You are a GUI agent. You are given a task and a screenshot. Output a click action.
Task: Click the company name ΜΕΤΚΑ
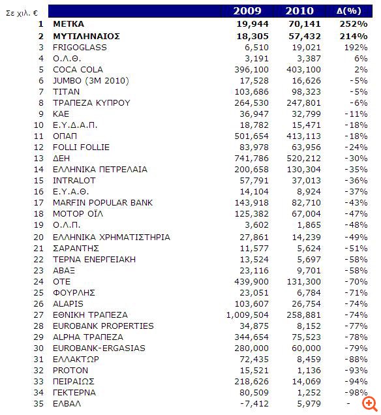point(69,24)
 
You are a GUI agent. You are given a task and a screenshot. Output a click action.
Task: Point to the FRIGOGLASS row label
point(80,47)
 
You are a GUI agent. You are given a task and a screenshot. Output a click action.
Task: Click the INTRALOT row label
point(74,180)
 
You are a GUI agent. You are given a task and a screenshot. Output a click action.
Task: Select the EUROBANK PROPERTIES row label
point(103,325)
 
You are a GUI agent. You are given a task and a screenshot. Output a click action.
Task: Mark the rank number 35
point(40,403)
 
